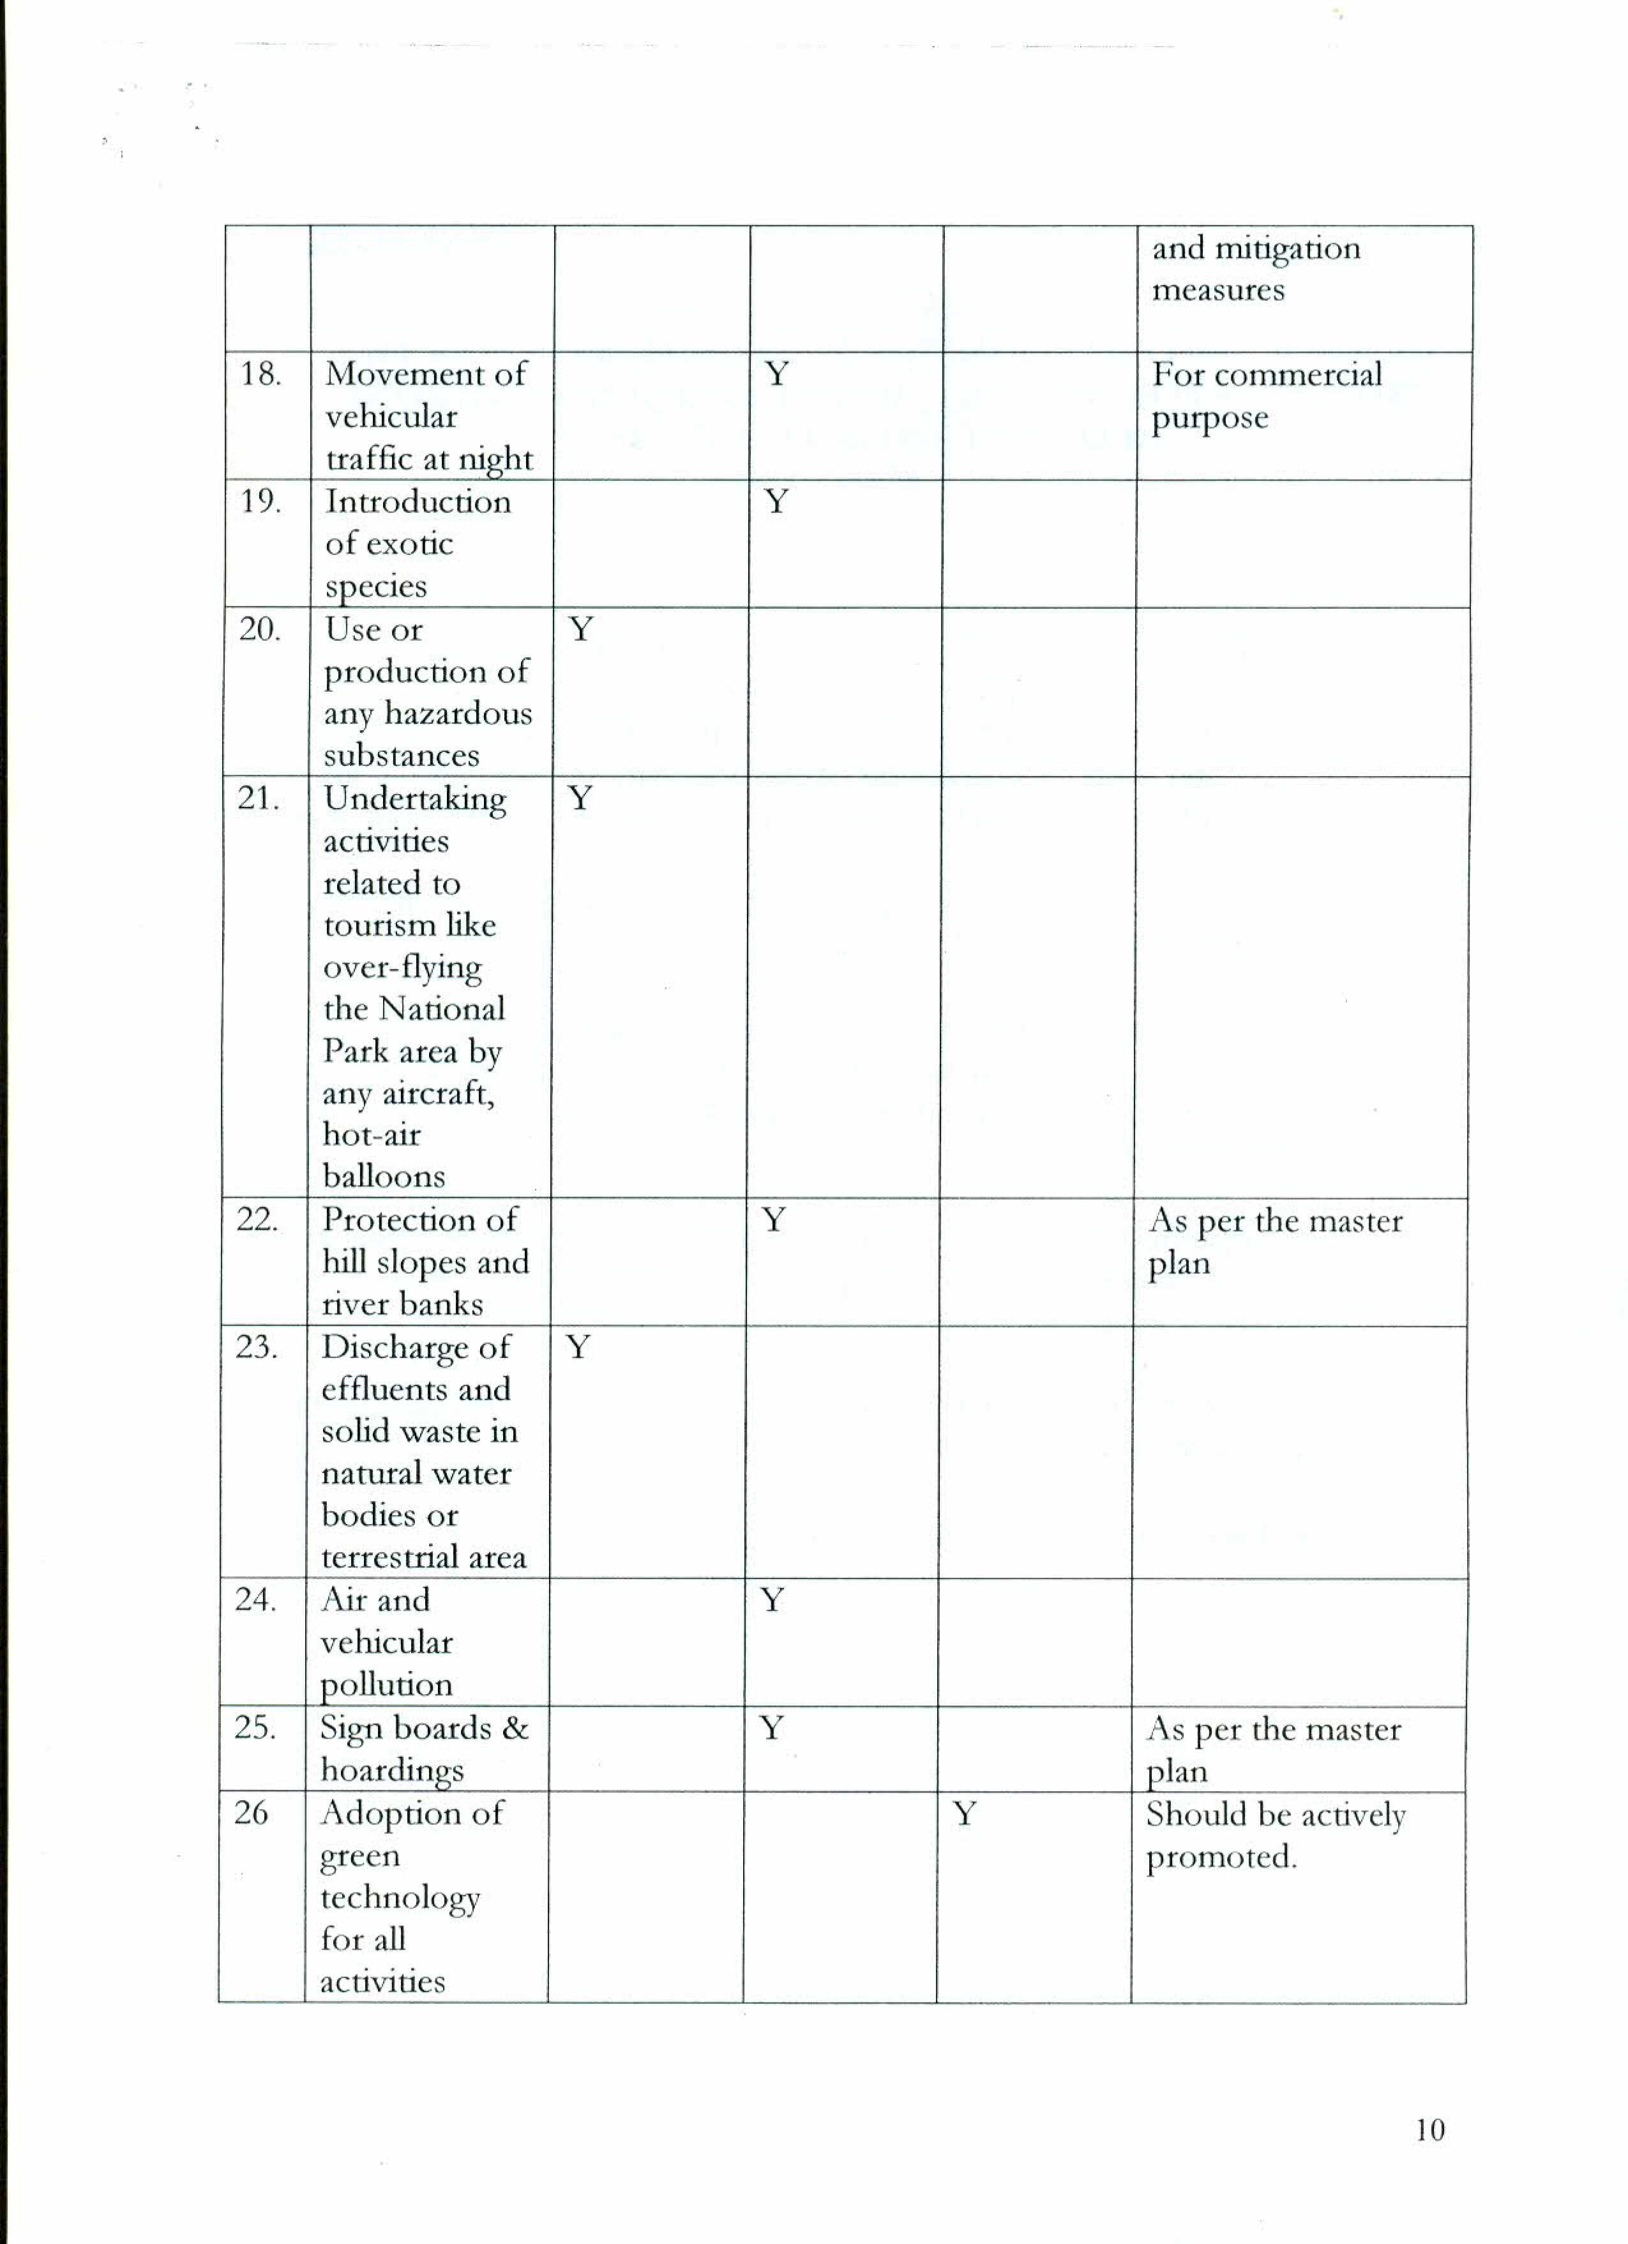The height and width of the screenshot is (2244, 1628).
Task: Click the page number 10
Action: (x=1429, y=2129)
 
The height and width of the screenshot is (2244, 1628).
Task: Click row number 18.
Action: (x=260, y=374)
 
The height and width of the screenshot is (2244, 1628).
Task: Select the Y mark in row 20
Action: (x=582, y=629)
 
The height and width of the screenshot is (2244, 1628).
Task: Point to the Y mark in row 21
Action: (x=580, y=797)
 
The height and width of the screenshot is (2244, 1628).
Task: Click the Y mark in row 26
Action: (x=964, y=1813)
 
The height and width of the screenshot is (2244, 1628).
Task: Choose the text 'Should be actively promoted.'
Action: (x=1275, y=1835)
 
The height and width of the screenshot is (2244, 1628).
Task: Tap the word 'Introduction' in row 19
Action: (x=418, y=501)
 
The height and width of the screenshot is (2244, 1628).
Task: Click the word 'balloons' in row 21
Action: (x=384, y=1177)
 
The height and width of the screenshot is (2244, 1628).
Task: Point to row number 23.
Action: (x=256, y=1347)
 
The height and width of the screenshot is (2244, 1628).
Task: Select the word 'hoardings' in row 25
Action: (x=391, y=1770)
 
